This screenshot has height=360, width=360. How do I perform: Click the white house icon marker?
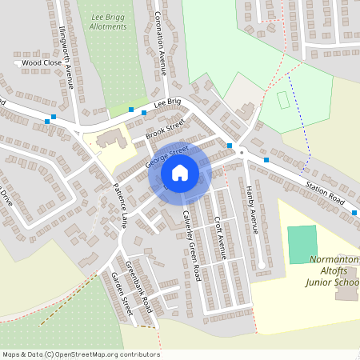coord(180,172)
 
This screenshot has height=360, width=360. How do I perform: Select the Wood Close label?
coord(42,62)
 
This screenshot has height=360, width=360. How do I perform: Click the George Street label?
coord(166,154)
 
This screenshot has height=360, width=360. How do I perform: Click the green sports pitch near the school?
coord(302,244)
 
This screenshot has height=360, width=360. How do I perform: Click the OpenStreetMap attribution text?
coord(80,354)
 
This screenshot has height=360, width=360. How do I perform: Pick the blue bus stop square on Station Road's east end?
coord(354,213)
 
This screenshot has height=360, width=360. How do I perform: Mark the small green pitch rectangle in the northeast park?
coord(282,100)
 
